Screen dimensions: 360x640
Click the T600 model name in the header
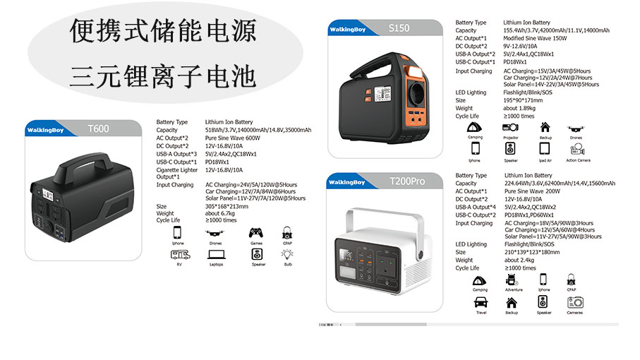98,128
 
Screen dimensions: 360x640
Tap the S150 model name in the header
399,28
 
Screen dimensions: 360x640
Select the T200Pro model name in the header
407,181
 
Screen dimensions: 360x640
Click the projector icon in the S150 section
510,127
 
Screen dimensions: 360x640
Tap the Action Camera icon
577,149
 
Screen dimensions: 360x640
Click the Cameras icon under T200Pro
575,301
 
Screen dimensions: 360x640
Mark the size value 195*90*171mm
523,100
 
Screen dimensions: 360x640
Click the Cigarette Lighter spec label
176,170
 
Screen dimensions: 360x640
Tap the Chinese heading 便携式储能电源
162,31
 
